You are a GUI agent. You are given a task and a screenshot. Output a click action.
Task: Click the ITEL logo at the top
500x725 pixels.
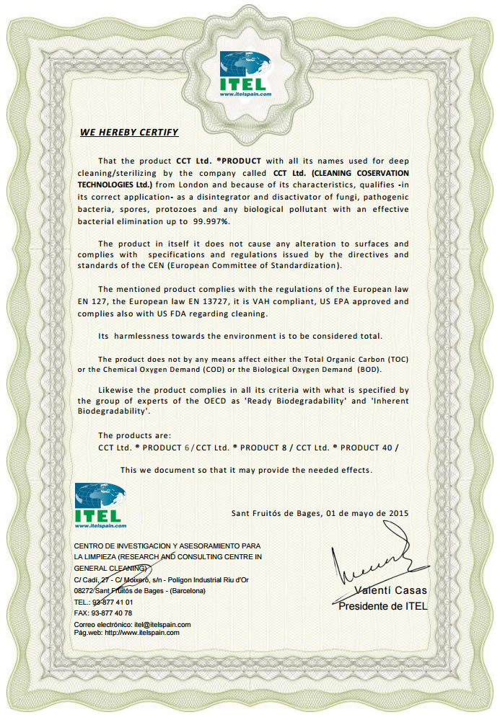246,73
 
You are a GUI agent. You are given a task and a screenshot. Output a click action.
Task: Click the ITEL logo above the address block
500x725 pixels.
100,505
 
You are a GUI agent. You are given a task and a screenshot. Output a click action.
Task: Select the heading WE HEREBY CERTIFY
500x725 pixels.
129,133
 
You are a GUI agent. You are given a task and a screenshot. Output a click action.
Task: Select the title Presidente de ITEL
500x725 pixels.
383,606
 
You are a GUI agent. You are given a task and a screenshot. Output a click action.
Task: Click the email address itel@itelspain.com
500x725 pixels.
162,624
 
